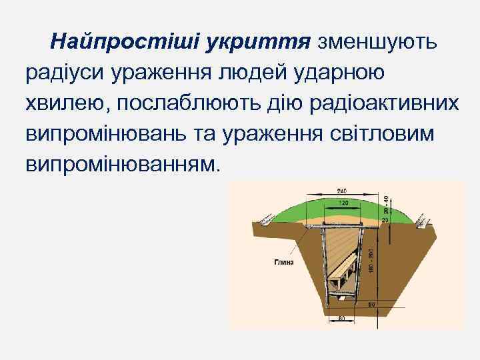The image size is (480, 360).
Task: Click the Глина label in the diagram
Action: coord(283,263)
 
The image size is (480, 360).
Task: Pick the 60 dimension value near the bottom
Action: coord(371,305)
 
